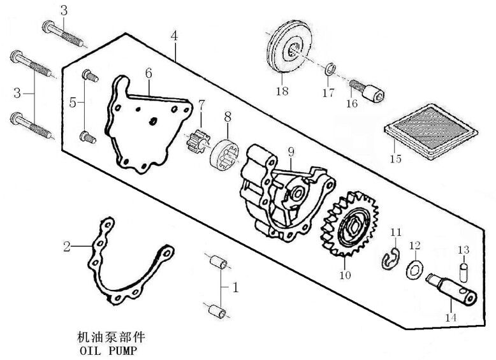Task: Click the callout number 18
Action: point(282,91)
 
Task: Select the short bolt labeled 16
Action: point(370,91)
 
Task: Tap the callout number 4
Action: point(174,36)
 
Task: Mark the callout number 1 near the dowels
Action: point(235,288)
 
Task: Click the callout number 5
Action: point(72,102)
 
